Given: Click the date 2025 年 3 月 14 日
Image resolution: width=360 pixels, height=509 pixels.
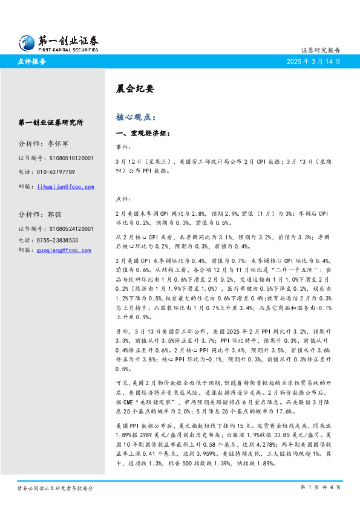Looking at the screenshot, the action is click(313, 62).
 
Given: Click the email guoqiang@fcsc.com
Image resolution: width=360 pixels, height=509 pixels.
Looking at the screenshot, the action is click(64, 250).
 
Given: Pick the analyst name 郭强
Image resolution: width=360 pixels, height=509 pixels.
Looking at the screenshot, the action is click(54, 215).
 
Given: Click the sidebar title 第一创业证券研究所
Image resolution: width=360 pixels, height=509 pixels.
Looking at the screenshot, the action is click(51, 122).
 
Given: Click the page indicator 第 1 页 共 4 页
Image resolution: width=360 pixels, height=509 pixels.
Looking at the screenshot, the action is click(320, 487).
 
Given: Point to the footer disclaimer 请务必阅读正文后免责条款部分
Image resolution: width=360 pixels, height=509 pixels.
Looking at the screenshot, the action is click(55, 487).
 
